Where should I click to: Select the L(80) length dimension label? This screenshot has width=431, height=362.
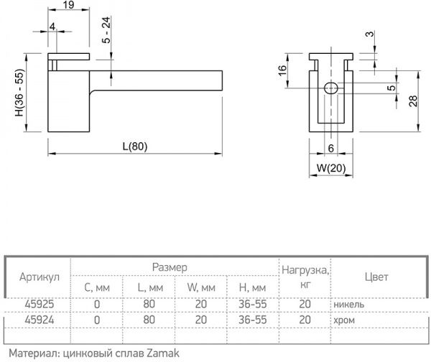tap(134, 147)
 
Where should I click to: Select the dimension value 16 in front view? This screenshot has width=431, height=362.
tap(282, 70)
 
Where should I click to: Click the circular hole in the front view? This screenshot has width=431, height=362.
tap(330, 89)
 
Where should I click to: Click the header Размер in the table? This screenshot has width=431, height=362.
tap(170, 266)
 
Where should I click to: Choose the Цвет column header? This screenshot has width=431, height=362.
tap(376, 277)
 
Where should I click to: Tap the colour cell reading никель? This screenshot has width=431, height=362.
tap(348, 304)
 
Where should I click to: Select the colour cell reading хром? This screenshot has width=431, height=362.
tap(345, 320)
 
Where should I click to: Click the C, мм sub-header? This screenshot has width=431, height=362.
tap(97, 287)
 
